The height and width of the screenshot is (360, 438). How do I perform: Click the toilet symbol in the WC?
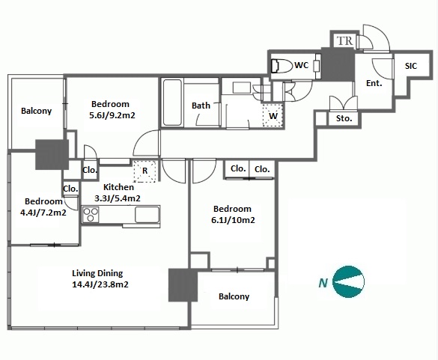(282, 66)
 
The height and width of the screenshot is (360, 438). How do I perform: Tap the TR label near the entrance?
(344, 40)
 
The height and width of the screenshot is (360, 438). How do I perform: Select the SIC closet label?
(411, 66)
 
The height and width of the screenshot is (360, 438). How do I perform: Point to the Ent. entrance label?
(374, 83)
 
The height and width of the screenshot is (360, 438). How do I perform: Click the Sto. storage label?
(344, 118)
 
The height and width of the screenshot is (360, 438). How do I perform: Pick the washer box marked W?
(273, 115)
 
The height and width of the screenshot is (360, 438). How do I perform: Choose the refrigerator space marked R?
(145, 171)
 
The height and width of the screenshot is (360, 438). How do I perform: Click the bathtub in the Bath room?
(172, 103)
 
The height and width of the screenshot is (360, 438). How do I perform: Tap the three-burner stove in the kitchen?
(91, 215)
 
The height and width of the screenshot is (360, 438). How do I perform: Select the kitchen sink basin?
(147, 215)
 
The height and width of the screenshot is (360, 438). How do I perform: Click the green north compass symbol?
(349, 281)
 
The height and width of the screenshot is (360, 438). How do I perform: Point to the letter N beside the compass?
(323, 283)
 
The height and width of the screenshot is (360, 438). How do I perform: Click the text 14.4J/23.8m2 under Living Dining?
(100, 284)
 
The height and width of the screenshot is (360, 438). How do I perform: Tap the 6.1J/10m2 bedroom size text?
(233, 220)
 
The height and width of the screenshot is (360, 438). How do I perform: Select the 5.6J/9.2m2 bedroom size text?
(112, 115)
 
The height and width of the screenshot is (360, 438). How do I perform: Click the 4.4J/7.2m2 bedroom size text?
(43, 213)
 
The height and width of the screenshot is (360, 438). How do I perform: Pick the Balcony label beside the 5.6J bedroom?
(37, 111)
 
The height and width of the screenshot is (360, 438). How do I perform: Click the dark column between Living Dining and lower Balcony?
(183, 285)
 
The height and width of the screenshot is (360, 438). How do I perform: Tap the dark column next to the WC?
(338, 64)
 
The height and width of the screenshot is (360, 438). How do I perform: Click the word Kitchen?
(118, 187)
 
